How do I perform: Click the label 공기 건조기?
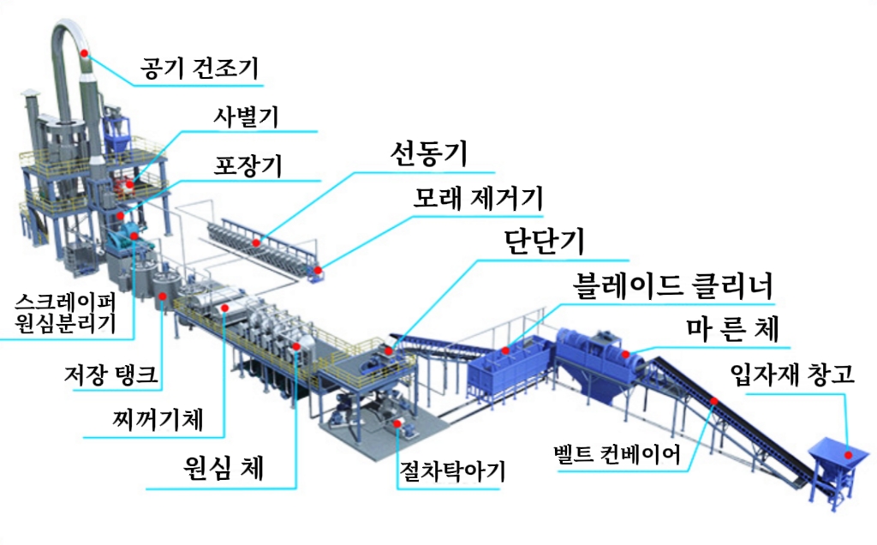coord(199,69)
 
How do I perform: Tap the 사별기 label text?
coord(246,117)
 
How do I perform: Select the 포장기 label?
coord(248,165)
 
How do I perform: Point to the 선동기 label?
coord(428,153)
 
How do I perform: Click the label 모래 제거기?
coord(479,198)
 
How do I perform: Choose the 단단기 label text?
coord(544,241)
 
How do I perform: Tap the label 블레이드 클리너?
coord(673,284)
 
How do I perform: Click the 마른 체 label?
coord(733,328)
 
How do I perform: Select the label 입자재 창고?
coord(792,374)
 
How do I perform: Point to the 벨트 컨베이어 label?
coord(617,454)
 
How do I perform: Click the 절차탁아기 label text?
coord(452,471)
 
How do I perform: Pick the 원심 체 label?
coord(224,467)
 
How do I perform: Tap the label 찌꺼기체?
coord(158,419)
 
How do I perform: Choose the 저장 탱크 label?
coord(110,374)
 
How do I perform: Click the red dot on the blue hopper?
coord(849,455)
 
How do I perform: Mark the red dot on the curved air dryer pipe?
coord(85,53)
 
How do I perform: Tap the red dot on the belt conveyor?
coord(714,401)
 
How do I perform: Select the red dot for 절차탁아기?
coord(397,423)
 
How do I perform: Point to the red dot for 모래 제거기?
coord(318,270)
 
